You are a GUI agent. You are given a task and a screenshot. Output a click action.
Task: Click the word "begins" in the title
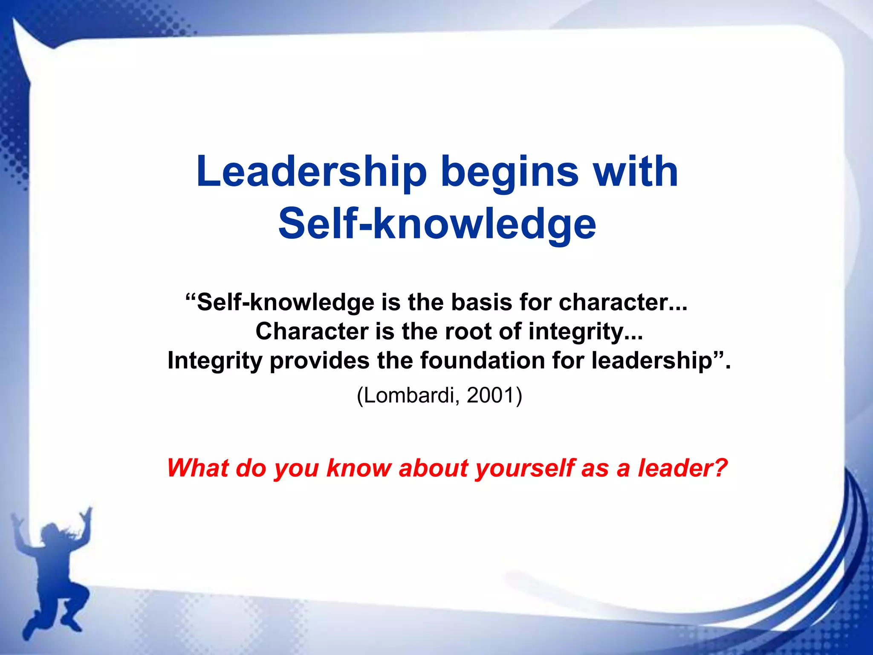click(509, 173)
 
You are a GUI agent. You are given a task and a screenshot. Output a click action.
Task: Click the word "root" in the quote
click(468, 331)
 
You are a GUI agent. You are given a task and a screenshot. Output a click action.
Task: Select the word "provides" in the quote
click(319, 361)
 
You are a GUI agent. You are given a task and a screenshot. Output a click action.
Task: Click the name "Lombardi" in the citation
click(410, 395)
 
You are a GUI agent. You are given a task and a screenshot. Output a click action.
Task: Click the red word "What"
click(198, 468)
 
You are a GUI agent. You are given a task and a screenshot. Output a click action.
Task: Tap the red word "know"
click(358, 468)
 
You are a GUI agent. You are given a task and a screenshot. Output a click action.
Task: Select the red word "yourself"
click(525, 468)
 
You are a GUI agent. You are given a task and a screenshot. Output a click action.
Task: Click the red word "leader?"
click(682, 468)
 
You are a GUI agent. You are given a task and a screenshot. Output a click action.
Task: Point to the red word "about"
click(434, 468)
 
